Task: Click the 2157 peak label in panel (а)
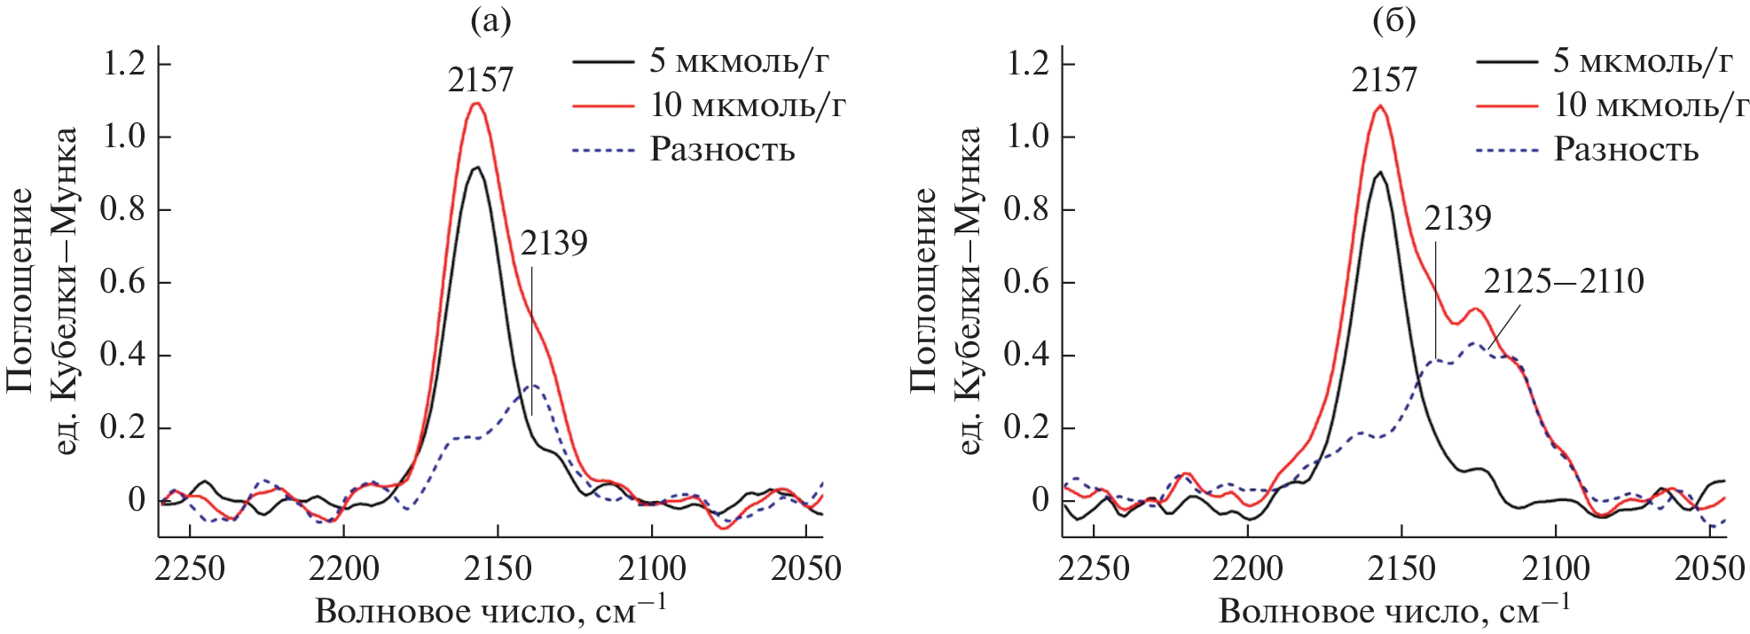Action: (480, 81)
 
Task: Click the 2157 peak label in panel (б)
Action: (1384, 81)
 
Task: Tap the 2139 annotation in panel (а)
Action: (553, 243)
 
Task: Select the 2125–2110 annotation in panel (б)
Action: (1564, 282)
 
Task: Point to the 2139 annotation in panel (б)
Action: (1457, 218)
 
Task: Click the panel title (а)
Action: (490, 20)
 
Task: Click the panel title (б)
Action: (1393, 20)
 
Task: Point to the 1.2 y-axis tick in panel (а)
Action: (124, 64)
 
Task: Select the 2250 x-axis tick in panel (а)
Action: (190, 568)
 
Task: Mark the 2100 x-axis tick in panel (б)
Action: (1556, 568)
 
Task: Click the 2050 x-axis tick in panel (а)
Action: (805, 568)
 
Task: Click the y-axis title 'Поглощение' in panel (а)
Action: (20, 288)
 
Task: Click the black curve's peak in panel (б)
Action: (1380, 172)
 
